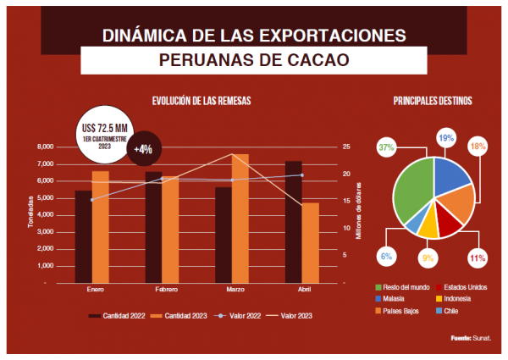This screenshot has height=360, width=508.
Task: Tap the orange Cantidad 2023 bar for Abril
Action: pos(310,242)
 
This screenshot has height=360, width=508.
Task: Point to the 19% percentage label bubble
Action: pos(445,137)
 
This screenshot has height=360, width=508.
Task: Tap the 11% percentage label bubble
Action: pos(477,257)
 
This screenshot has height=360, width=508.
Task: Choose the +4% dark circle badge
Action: pos(143,148)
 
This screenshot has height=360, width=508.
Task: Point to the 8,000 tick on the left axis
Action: pos(44,147)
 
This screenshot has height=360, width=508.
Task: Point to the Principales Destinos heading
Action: pos(433,101)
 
